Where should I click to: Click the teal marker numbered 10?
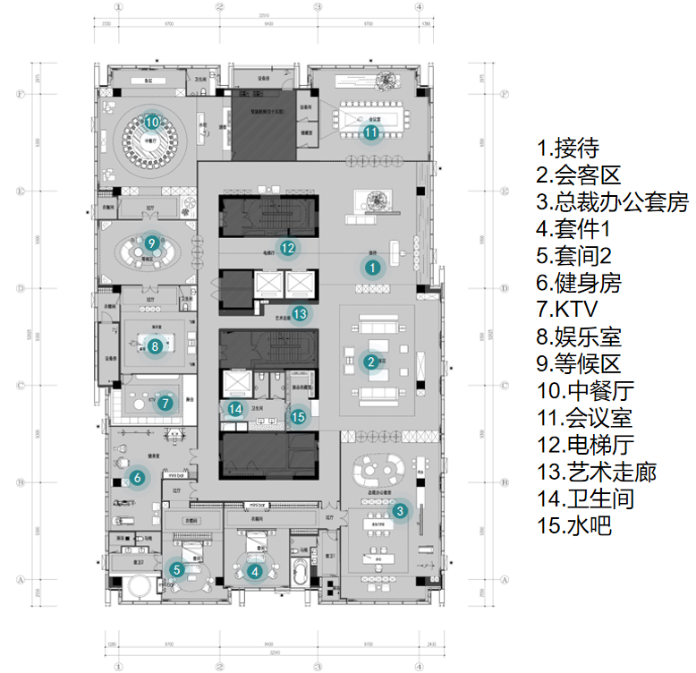(152, 122)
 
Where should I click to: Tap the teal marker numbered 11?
(371, 132)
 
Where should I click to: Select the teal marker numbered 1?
(372, 266)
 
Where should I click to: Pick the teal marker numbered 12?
(286, 248)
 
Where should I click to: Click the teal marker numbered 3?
(401, 511)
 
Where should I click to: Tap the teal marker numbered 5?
(176, 568)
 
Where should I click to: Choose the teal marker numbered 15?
(299, 415)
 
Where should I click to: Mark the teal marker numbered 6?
(137, 478)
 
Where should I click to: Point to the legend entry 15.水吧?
(573, 525)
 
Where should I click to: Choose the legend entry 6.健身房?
(579, 283)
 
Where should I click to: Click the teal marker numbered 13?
(300, 313)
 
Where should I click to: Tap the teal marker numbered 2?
(370, 362)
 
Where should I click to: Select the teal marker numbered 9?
(152, 242)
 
